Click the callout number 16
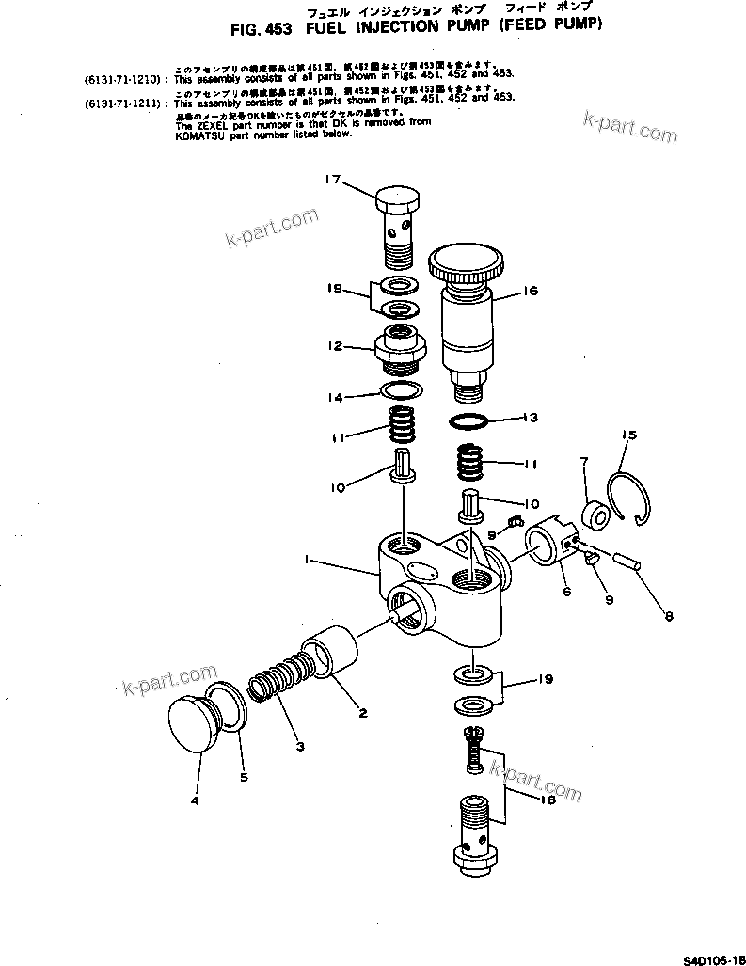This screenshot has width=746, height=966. pos(530,292)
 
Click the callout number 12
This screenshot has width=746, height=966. pos(335,346)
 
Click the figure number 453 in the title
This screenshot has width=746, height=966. pos(278,28)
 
